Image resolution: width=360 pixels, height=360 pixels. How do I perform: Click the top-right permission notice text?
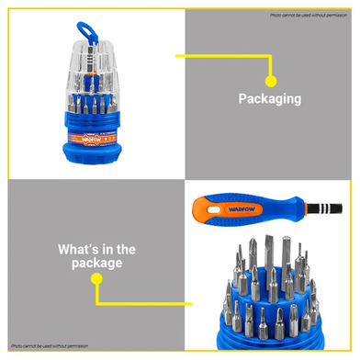tap(311, 16)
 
